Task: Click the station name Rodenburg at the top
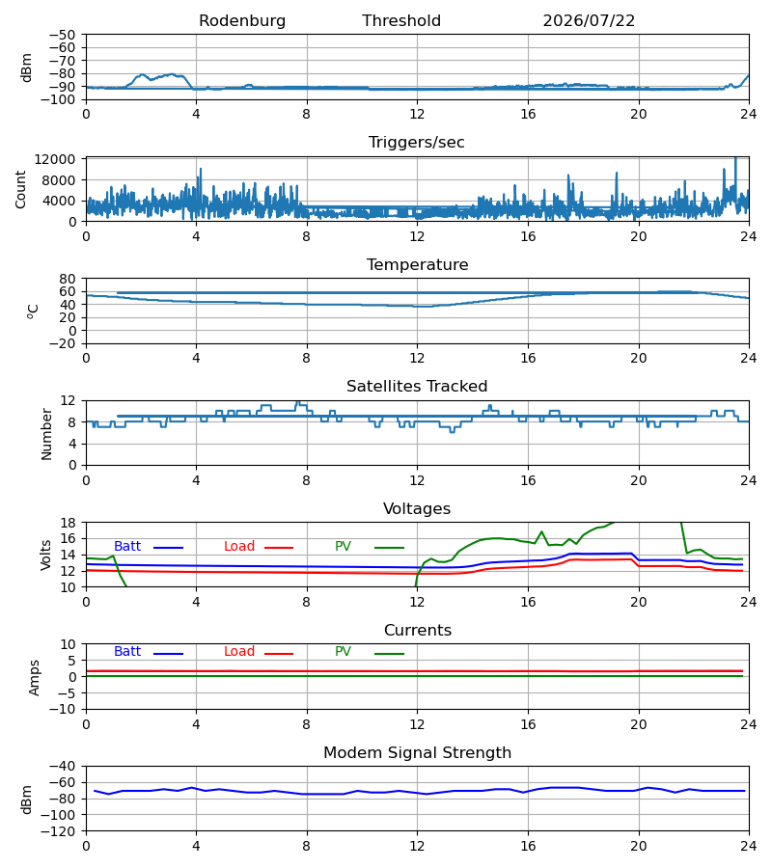click(242, 21)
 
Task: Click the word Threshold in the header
click(401, 21)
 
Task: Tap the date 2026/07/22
click(589, 21)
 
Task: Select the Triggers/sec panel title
click(417, 143)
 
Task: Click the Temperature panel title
click(417, 264)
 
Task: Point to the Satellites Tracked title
click(417, 387)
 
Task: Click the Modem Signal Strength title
click(417, 753)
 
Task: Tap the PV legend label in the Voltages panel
click(343, 547)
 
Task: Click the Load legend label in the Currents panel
click(239, 652)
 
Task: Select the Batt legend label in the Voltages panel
click(127, 547)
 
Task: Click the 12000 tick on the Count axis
click(55, 159)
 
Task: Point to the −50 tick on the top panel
click(63, 35)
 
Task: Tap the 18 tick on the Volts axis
click(69, 523)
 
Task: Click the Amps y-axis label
click(35, 678)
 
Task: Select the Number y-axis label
click(46, 434)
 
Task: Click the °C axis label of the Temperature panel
click(33, 312)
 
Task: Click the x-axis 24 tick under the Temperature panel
click(749, 358)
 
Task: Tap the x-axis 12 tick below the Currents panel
click(417, 724)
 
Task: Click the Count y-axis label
click(21, 189)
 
